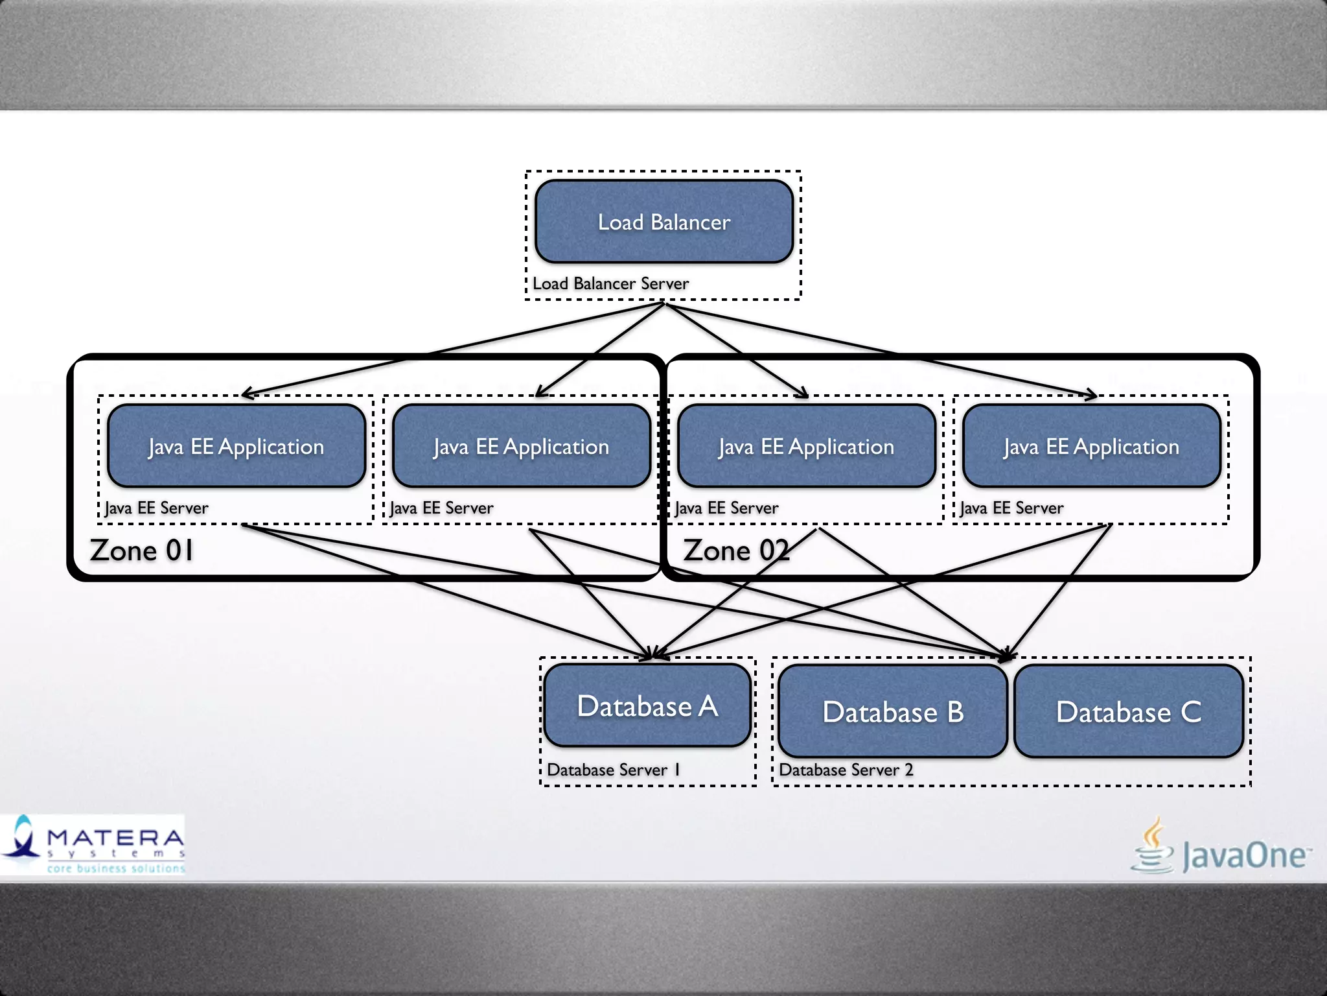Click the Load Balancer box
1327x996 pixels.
pyautogui.click(x=664, y=222)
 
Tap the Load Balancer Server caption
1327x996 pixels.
pyautogui.click(x=610, y=284)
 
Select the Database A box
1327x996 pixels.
pyautogui.click(x=647, y=705)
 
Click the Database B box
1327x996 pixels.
pyautogui.click(x=893, y=711)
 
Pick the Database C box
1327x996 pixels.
pyautogui.click(x=1128, y=711)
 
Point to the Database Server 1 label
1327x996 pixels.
pyautogui.click(x=613, y=770)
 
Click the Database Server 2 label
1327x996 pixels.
pyautogui.click(x=846, y=770)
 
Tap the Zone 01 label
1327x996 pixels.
pyautogui.click(x=142, y=551)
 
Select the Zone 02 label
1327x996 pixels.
pyautogui.click(x=735, y=551)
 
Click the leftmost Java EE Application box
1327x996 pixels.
pyautogui.click(x=237, y=446)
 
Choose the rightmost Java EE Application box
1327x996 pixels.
pyautogui.click(x=1092, y=446)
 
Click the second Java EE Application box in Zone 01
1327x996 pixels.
pyautogui.click(x=522, y=446)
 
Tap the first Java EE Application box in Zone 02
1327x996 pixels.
pyautogui.click(x=807, y=446)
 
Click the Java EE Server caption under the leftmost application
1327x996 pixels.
pyautogui.click(x=157, y=508)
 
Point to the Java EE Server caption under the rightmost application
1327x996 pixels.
pyautogui.click(x=1011, y=508)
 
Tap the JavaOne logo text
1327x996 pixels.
pyautogui.click(x=1244, y=855)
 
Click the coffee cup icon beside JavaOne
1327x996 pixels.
pyautogui.click(x=1153, y=846)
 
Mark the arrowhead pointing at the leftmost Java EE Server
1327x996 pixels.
pyautogui.click(x=246, y=394)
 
